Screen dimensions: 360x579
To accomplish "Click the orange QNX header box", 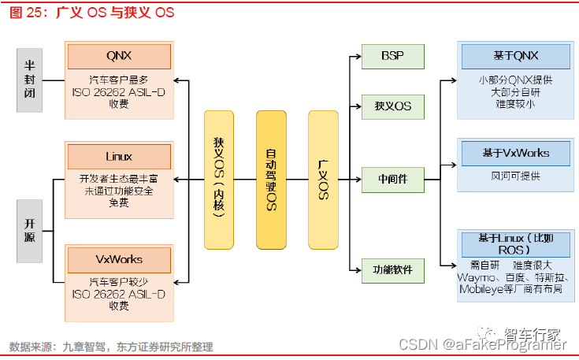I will [x=119, y=57].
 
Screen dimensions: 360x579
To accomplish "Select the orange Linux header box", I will [x=119, y=157].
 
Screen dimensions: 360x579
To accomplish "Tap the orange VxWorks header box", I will [x=119, y=258].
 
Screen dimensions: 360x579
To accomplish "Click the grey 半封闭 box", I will [x=29, y=80].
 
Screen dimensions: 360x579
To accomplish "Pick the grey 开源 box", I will [x=29, y=230].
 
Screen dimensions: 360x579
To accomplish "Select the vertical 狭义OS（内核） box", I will [x=219, y=180].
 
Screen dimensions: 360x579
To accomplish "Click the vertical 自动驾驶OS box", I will [x=271, y=180].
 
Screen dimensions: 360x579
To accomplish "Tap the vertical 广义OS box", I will [x=323, y=180].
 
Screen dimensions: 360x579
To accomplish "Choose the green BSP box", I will [x=392, y=57].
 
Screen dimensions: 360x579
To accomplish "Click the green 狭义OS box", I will [x=392, y=106].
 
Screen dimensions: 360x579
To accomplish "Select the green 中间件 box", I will [x=392, y=180].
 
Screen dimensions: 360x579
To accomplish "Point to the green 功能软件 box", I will [x=392, y=270].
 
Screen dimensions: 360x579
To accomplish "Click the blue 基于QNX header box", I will [x=515, y=56].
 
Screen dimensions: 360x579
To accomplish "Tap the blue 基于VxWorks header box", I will [x=515, y=153].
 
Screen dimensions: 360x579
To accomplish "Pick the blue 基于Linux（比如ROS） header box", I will [x=515, y=243].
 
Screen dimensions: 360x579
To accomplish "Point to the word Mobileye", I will [x=483, y=289].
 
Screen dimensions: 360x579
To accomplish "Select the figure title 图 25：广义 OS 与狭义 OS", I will [x=91, y=13].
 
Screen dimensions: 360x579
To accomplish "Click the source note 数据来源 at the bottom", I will [x=111, y=347].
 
